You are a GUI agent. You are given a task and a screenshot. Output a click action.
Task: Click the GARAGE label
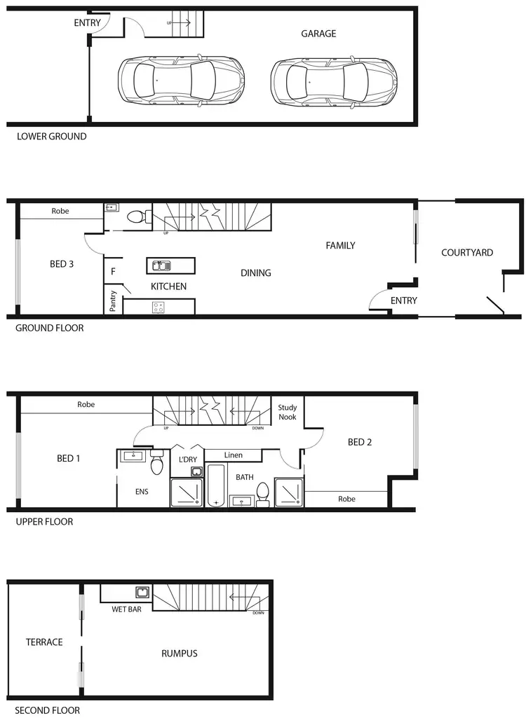coord(318,34)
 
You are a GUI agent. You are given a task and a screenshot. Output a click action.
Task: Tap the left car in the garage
coord(181,81)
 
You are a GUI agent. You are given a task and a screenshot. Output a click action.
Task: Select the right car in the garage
coord(334,81)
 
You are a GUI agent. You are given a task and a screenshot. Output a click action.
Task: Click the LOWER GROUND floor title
coord(52,137)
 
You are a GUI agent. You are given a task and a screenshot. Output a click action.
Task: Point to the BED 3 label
coord(62,264)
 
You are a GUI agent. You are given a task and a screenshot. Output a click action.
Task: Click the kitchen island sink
coord(161,265)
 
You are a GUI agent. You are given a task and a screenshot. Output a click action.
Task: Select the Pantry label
coord(112,301)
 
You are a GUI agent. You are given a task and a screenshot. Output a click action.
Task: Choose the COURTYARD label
coord(467,253)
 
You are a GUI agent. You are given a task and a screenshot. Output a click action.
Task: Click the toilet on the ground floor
coord(139,217)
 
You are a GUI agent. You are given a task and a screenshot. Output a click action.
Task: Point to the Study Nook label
coord(288,412)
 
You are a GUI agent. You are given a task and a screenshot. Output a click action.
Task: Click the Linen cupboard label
coord(234,455)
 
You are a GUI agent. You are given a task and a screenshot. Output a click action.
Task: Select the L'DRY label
coord(188,460)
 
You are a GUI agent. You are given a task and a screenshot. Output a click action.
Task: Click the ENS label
coord(142,492)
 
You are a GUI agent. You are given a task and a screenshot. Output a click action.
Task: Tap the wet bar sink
coord(143,593)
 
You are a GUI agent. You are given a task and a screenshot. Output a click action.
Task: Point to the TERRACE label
coord(44,642)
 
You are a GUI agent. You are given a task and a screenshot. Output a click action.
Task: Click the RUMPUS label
coord(180,654)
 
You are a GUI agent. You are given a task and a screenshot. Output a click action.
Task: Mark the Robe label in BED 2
coord(347,499)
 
